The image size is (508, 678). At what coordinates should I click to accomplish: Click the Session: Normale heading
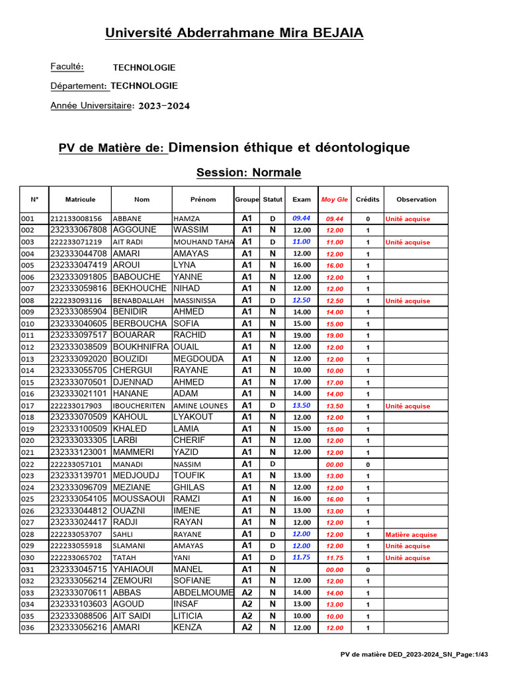point(248,173)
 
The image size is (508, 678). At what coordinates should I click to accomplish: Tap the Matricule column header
point(80,199)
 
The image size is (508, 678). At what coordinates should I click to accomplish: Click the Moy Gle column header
point(334,199)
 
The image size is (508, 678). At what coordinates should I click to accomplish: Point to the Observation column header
point(416,199)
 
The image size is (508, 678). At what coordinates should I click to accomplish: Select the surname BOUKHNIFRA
point(141,347)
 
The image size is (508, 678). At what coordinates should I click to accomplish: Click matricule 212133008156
point(76,218)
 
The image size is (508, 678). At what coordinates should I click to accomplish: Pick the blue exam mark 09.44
point(302,218)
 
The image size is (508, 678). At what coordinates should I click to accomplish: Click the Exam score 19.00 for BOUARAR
point(302,335)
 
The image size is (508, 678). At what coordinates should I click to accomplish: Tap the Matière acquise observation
point(411,534)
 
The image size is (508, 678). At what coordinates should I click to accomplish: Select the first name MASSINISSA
point(194,301)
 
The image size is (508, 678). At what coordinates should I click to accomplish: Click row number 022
point(28,465)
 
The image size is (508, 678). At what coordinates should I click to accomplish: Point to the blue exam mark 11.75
point(302,557)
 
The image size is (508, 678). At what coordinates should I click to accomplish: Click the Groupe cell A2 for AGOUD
point(247,605)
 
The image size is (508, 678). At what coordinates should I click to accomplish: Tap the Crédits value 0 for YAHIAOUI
point(368,569)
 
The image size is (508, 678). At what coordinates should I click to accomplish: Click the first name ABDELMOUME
point(203,593)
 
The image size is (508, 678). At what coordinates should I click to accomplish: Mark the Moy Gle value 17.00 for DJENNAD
point(334,383)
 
